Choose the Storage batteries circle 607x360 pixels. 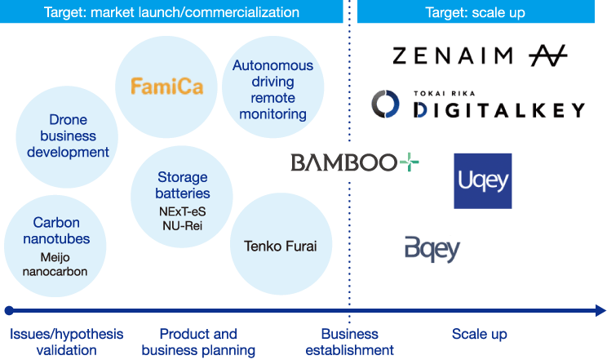coord(182,200)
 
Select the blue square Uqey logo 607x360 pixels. coord(482,180)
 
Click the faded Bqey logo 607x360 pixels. coord(432,247)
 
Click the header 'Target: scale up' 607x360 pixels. coord(475,12)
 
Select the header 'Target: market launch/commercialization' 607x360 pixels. coord(171,12)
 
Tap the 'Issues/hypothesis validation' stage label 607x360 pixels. coord(66,342)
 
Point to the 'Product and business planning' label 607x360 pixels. coord(197,342)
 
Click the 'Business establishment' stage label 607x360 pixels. coord(349,342)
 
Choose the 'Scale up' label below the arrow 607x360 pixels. coord(479,335)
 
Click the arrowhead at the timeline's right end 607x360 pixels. coord(600,310)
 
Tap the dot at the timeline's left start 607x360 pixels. coord(9,310)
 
